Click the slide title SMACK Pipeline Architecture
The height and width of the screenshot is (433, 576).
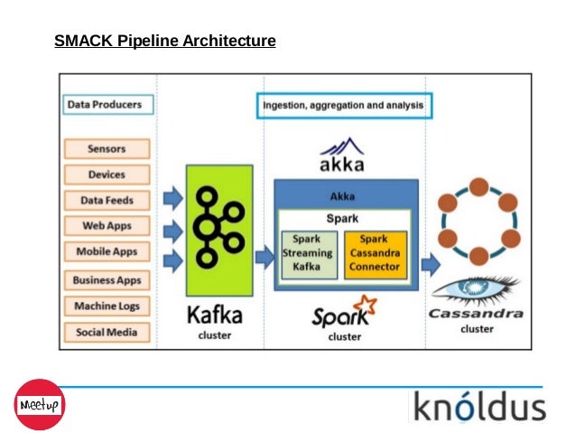[x=164, y=41]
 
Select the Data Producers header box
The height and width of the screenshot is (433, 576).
[x=105, y=105]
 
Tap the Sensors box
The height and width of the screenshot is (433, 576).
[x=107, y=149]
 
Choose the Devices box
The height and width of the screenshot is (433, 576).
[x=107, y=174]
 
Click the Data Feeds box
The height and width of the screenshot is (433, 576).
[x=107, y=201]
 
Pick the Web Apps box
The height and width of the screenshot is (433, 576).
[x=107, y=226]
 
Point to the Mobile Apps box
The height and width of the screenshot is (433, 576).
[x=107, y=251]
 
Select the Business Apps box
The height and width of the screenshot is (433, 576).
[x=107, y=281]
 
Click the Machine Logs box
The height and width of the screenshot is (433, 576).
[x=107, y=306]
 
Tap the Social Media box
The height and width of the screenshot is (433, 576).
[x=107, y=332]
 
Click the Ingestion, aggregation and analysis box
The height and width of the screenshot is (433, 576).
[x=343, y=106]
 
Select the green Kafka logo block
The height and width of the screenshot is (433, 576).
[x=220, y=231]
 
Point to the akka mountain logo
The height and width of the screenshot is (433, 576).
[x=342, y=149]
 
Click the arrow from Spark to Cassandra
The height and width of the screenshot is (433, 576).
[x=431, y=265]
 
